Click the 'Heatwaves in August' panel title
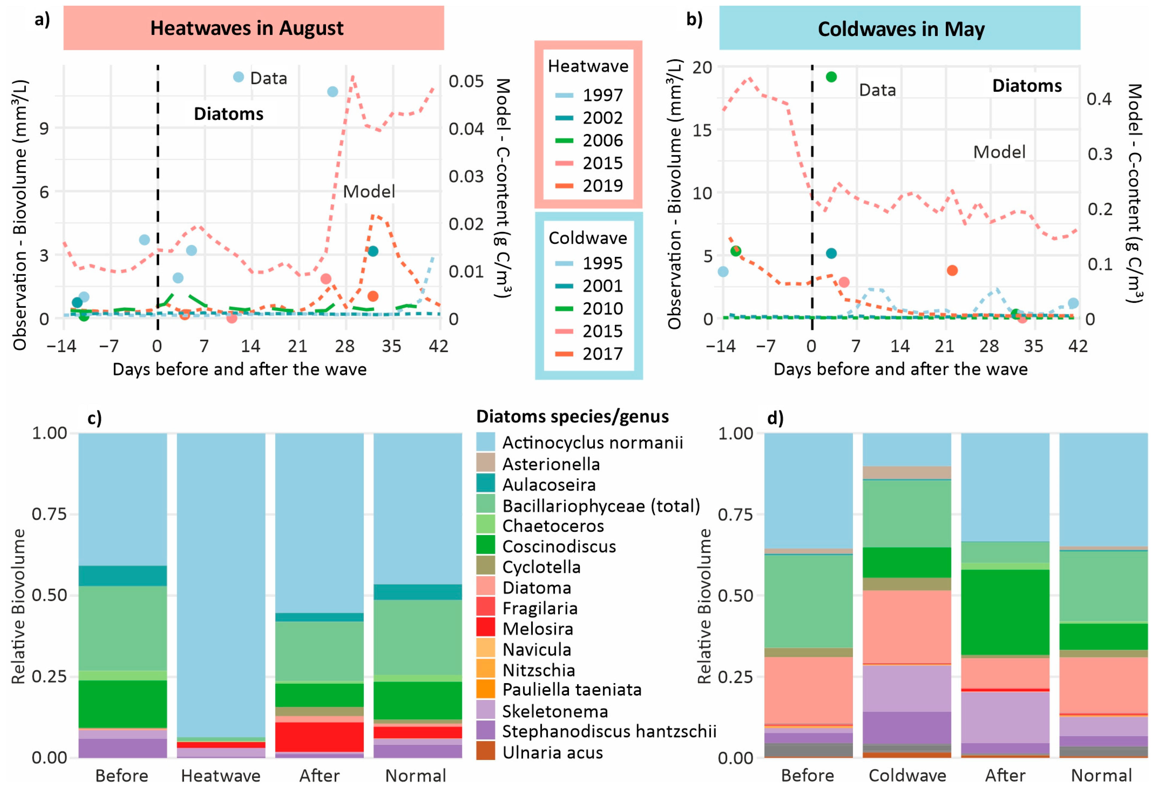pyautogui.click(x=247, y=28)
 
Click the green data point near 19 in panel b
pyautogui.click(x=831, y=77)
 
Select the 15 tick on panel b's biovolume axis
pyautogui.click(x=702, y=130)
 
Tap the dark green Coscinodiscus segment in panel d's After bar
pyautogui.click(x=1005, y=612)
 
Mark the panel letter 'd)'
pyautogui.click(x=775, y=418)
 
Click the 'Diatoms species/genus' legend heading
pyautogui.click(x=573, y=416)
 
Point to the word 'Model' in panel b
pyautogui.click(x=999, y=152)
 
